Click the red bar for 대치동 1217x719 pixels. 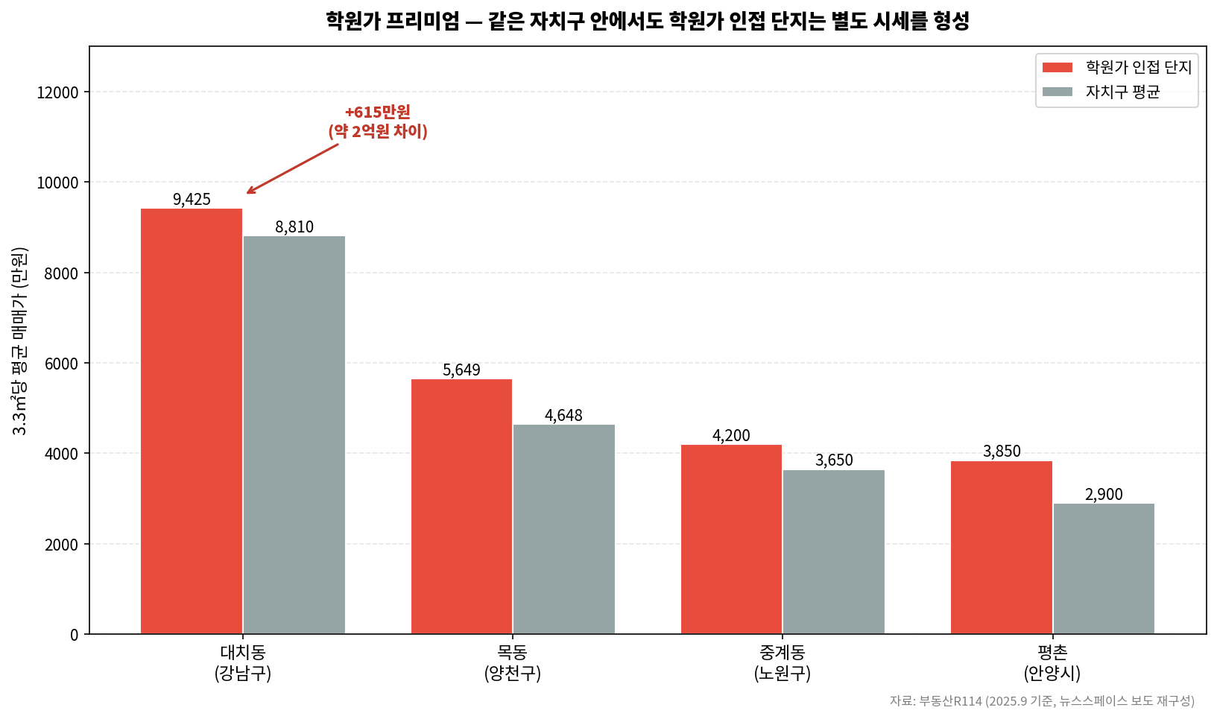pyautogui.click(x=192, y=421)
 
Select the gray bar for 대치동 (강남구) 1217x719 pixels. pyautogui.click(x=294, y=435)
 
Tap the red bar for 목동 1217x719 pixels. pyautogui.click(x=461, y=507)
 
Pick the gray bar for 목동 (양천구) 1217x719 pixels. pyautogui.click(x=564, y=529)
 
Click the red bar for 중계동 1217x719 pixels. pyautogui.click(x=731, y=539)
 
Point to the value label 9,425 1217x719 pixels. pyautogui.click(x=192, y=200)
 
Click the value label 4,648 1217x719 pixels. pyautogui.click(x=563, y=416)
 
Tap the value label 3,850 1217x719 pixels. pyautogui.click(x=1002, y=452)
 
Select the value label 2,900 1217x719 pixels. pyautogui.click(x=1104, y=495)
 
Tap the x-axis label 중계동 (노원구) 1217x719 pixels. pyautogui.click(x=782, y=663)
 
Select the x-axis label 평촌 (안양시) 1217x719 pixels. pyautogui.click(x=1052, y=663)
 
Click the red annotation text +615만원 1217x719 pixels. pyautogui.click(x=377, y=113)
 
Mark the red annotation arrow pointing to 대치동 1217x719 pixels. pyautogui.click(x=292, y=168)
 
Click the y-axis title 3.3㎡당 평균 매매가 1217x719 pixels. pyautogui.click(x=20, y=341)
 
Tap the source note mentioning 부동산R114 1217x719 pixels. pyautogui.click(x=1041, y=701)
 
